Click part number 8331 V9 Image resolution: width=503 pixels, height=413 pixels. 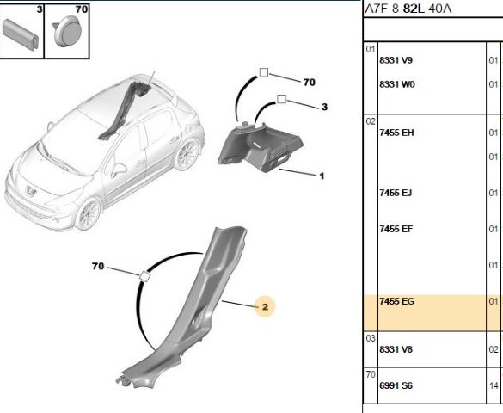396,60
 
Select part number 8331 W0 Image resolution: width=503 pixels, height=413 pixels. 397,84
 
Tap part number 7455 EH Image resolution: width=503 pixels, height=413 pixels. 396,133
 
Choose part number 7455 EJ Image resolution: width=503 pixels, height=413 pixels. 396,193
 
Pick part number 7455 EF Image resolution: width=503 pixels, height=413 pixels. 396,229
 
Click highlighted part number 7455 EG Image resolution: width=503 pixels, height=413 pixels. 397,301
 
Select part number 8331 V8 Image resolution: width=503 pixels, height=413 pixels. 396,349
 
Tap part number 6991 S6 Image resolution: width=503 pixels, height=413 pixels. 396,385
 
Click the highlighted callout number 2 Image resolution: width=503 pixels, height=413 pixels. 265,307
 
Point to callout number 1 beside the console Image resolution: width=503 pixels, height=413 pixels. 322,176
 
